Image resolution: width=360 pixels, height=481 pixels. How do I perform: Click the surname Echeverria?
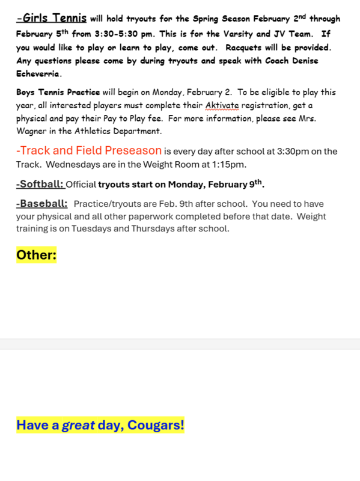coord(39,75)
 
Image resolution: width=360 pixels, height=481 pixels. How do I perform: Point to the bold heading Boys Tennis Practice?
coord(58,93)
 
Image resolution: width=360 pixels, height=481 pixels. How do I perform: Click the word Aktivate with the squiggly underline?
coord(222,105)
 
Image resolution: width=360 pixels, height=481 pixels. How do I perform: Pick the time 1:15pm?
coord(230,164)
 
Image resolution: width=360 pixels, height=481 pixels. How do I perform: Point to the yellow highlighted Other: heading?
coord(36,255)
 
